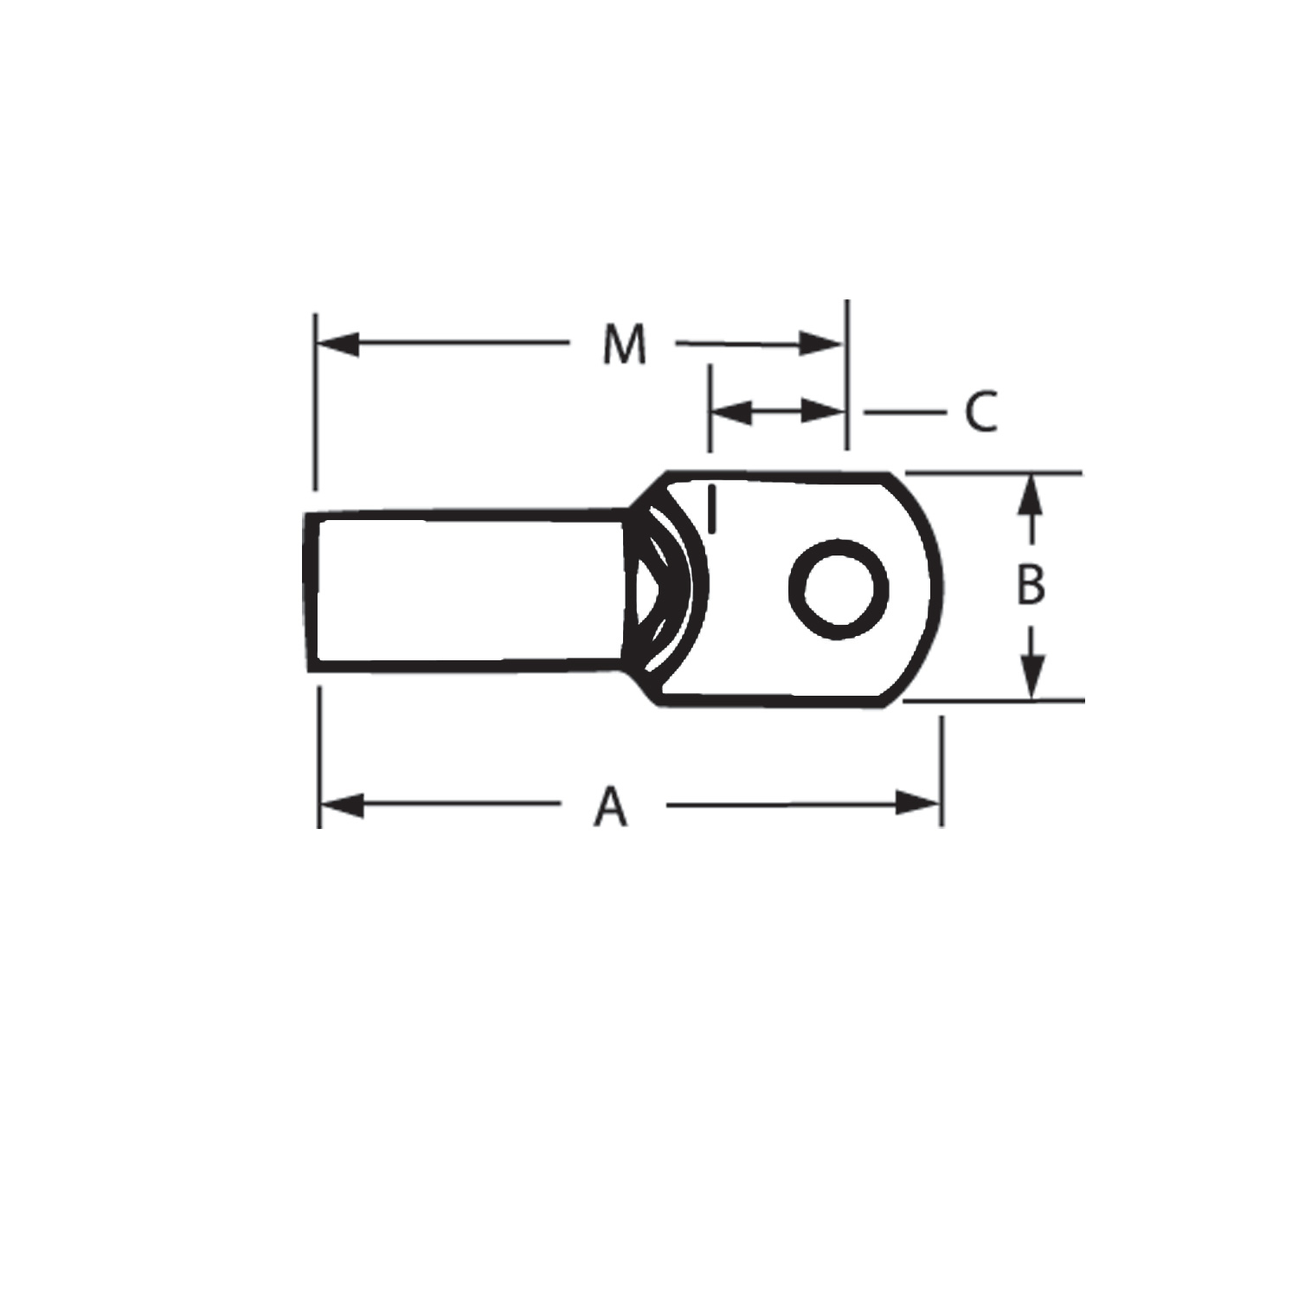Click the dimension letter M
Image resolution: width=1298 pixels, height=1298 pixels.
[624, 344]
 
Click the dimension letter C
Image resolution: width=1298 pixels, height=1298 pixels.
[980, 412]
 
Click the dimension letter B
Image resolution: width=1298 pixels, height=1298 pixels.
[1030, 585]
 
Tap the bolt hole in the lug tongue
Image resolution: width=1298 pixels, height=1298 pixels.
[839, 589]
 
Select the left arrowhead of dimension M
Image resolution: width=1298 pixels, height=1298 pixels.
[337, 344]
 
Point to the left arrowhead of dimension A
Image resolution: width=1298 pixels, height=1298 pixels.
[341, 806]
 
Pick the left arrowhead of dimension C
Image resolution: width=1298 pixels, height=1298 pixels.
[731, 412]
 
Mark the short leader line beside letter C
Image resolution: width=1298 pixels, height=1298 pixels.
[904, 412]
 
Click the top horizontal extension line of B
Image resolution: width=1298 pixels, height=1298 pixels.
[995, 472]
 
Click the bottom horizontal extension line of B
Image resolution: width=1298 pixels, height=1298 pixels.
[995, 700]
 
